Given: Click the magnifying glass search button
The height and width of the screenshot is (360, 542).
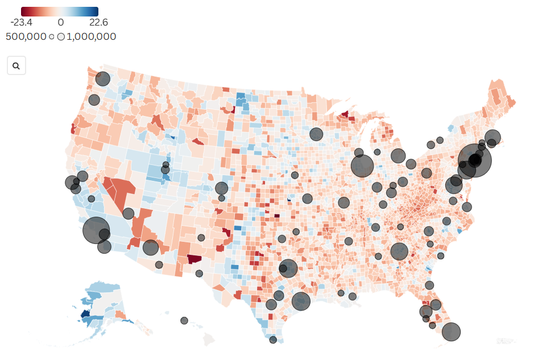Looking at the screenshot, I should (16, 66).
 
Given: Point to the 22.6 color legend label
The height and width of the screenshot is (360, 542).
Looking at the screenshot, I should (98, 23).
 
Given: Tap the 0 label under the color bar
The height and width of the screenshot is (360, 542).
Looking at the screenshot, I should (60, 23).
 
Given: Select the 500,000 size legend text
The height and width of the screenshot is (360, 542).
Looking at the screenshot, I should (26, 36).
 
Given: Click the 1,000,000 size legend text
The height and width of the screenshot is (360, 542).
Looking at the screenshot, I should (91, 36).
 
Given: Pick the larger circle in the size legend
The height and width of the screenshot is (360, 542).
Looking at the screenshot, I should (61, 37).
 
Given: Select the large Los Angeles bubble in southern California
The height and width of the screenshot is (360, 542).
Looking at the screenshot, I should (96, 230).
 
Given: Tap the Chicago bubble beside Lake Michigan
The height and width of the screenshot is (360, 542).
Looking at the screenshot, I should (362, 166).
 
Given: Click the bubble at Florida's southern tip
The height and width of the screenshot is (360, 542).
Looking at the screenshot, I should (451, 332).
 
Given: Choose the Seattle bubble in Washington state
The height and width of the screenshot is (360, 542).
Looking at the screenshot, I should (102, 79).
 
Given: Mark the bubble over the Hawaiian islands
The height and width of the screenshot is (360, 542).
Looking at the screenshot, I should (184, 321).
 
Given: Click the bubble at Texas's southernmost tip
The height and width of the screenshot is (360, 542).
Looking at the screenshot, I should (273, 340).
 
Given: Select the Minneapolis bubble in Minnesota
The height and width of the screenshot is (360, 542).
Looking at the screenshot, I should (316, 134).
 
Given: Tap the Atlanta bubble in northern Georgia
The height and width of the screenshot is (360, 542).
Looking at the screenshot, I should (399, 251).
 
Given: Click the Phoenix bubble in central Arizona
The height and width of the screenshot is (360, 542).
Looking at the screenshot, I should (150, 247).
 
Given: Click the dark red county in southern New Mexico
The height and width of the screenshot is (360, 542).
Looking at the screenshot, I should (195, 259).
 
